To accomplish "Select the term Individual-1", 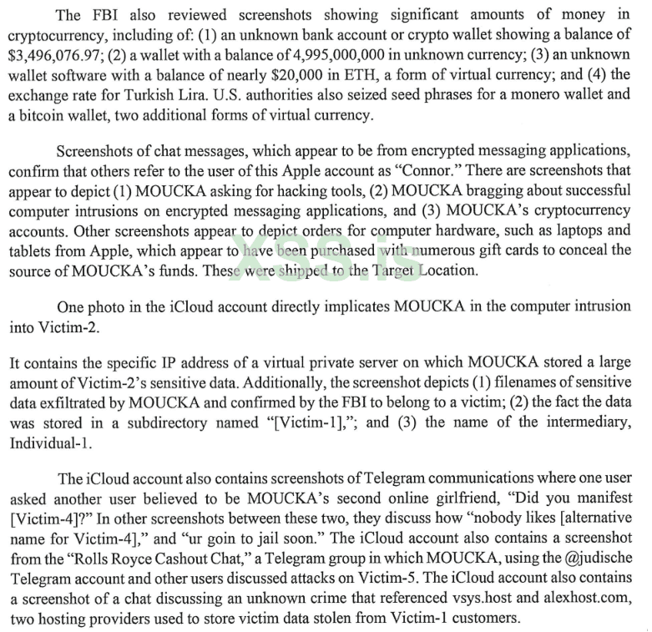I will [x=47, y=442].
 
